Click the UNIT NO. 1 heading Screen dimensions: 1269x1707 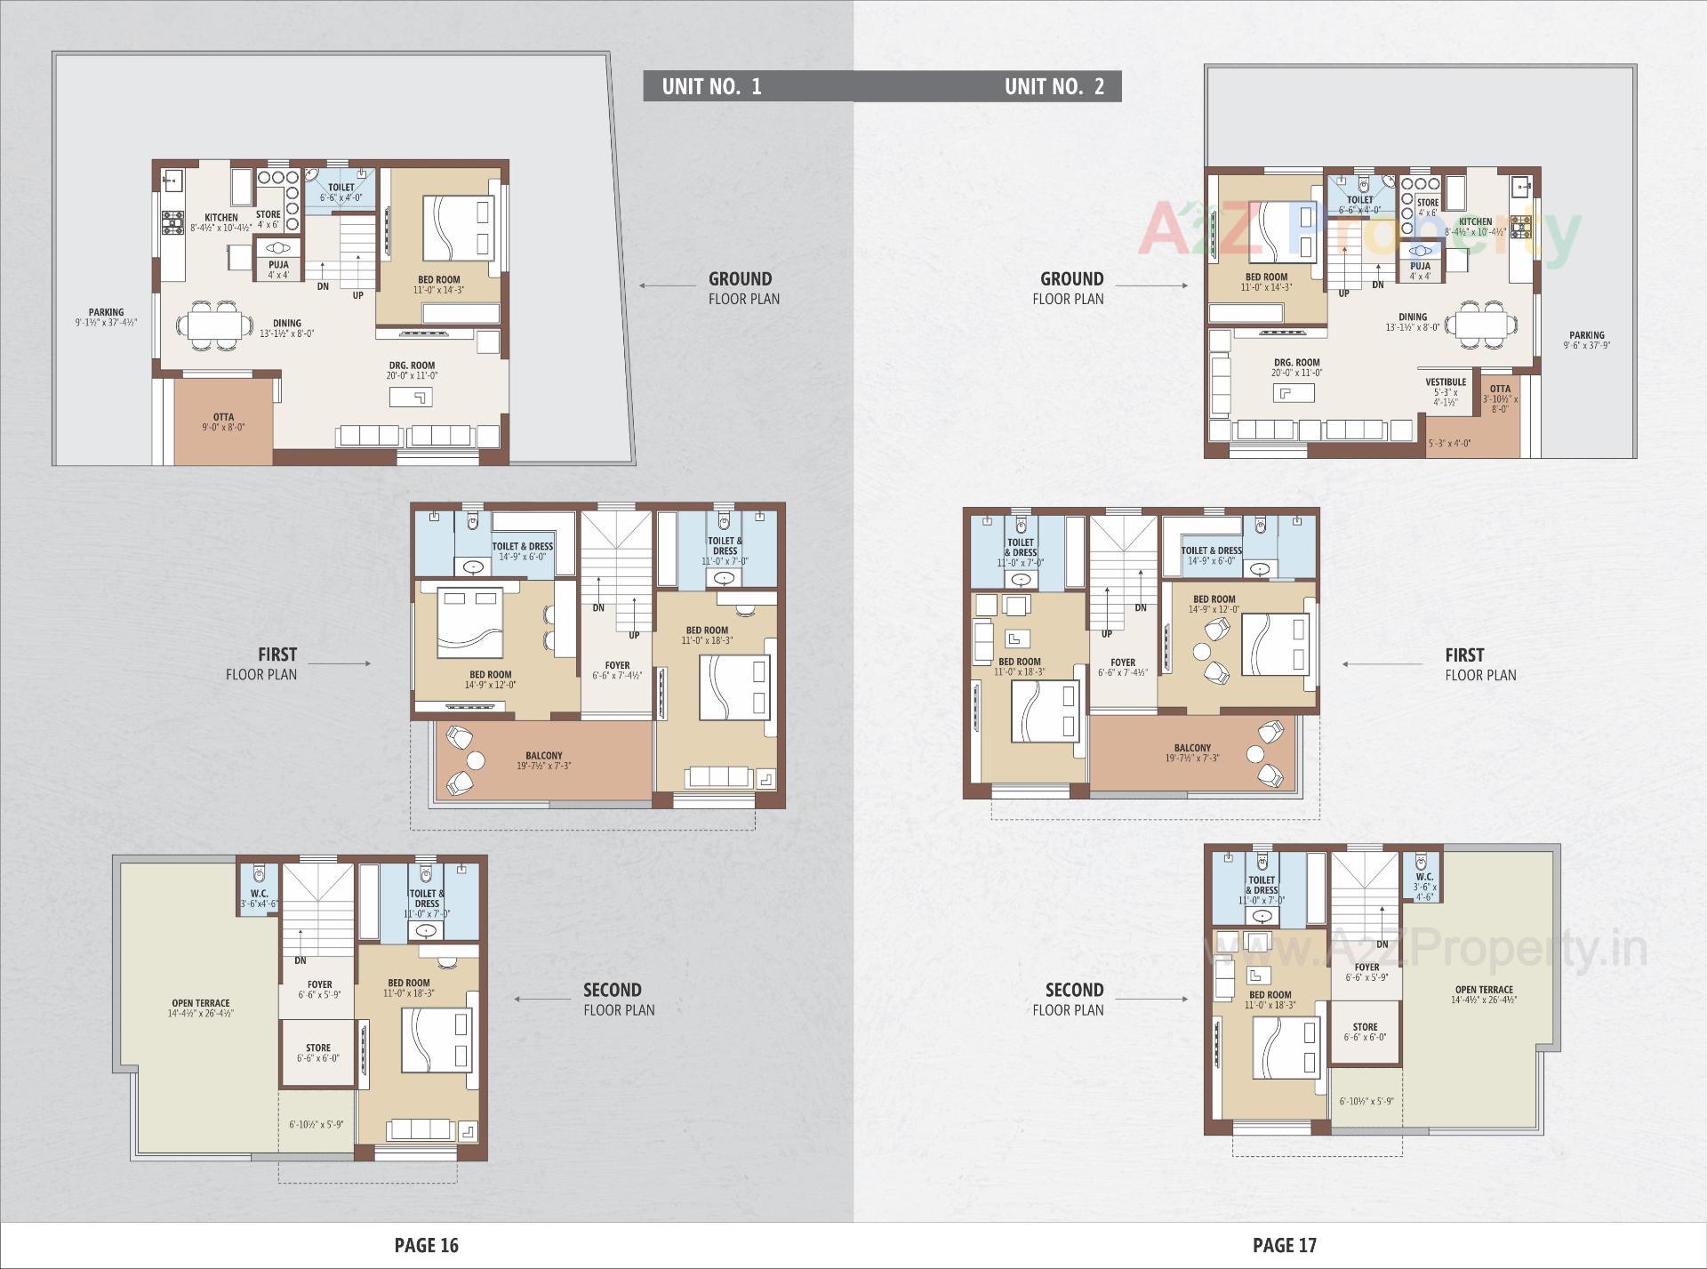[711, 86]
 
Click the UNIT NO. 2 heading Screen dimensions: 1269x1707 [1054, 86]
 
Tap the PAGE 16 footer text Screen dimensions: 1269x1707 [426, 1245]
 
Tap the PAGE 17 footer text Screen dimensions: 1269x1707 [1284, 1245]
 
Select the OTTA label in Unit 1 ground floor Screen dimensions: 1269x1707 [223, 417]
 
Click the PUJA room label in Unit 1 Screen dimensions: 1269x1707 [278, 265]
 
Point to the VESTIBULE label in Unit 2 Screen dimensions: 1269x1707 [1446, 382]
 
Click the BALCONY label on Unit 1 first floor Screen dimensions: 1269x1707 [543, 756]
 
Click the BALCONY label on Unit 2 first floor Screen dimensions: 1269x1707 [1192, 748]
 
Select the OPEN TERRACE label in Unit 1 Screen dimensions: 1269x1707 [201, 1003]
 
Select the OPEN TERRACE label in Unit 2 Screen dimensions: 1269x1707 [1484, 990]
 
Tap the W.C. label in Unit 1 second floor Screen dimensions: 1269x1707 [259, 894]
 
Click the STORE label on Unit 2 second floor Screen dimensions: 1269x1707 [1365, 1027]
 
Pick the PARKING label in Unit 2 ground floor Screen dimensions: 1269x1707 [1586, 335]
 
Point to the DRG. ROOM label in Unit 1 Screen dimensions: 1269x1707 [412, 365]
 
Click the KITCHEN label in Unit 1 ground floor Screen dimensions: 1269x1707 [220, 218]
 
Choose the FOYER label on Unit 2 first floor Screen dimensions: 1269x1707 [1123, 663]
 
